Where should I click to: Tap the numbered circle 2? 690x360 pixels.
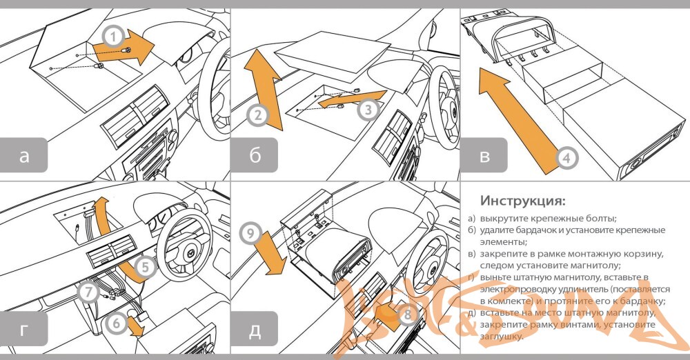pos(257,117)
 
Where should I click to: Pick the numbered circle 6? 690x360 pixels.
pos(119,322)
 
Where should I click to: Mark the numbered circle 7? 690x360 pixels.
pos(88,292)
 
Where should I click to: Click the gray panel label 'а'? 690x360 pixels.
pos(25,156)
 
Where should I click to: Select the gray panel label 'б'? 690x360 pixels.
pos(255,156)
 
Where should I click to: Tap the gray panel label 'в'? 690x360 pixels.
pos(485,156)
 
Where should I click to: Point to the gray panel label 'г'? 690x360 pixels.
pos(25,330)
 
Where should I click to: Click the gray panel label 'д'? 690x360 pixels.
pos(255,330)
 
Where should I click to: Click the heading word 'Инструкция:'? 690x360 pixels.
pos(523,201)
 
